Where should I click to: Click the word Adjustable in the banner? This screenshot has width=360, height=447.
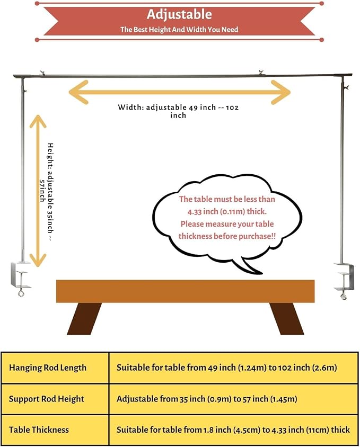click(x=179, y=14)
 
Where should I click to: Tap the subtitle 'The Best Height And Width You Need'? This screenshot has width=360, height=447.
click(x=179, y=29)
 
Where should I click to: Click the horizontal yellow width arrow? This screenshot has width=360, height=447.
click(x=180, y=92)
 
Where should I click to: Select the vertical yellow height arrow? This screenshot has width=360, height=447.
click(x=38, y=191)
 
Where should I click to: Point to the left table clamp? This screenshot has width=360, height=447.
click(x=21, y=279)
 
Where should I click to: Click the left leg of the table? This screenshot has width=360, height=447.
click(x=84, y=318)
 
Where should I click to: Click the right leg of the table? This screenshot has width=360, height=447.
click(x=287, y=318)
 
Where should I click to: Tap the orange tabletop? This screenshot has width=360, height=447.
click(x=185, y=291)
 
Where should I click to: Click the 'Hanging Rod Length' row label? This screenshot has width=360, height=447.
click(x=47, y=368)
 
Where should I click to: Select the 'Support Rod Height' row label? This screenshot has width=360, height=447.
click(x=47, y=399)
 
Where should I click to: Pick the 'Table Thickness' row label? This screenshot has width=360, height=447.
click(x=39, y=430)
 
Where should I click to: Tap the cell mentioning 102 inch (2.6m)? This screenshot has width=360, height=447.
click(x=227, y=368)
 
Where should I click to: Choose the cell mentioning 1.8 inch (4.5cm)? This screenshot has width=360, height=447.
click(x=233, y=430)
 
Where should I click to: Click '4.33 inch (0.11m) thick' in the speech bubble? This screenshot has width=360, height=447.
click(x=227, y=211)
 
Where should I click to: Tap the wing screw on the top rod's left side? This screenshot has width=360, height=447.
click(x=43, y=73)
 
